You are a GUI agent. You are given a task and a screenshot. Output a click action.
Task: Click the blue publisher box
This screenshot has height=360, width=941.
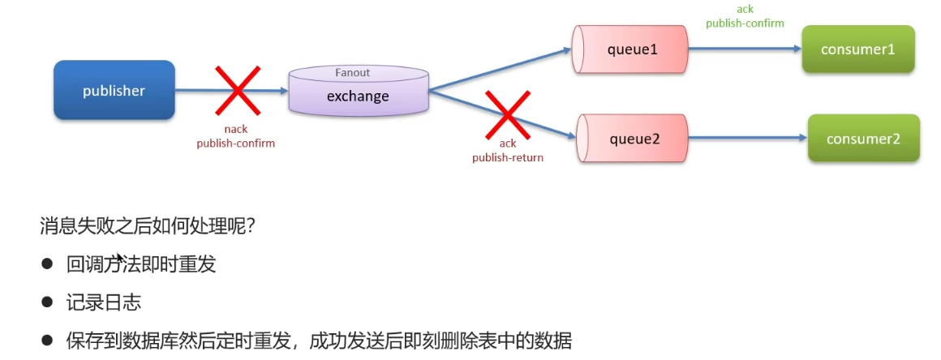[x=114, y=91]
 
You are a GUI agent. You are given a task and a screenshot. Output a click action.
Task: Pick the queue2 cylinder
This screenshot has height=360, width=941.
[x=634, y=139]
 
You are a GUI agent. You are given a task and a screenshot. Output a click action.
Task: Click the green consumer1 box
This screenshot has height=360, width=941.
[x=857, y=49]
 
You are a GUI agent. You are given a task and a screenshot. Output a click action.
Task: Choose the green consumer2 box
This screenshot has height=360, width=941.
[x=863, y=139]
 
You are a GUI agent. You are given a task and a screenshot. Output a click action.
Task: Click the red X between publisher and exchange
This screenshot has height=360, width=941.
[x=236, y=90]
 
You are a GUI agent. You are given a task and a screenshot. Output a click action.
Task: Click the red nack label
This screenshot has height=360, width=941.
[x=235, y=129]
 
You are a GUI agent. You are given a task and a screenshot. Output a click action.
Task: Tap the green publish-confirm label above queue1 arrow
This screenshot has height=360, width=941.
[x=745, y=24]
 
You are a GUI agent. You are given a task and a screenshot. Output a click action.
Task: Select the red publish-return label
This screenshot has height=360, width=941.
[x=508, y=157]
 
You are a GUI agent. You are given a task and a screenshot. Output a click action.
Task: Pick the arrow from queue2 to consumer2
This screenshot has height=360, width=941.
[x=747, y=139]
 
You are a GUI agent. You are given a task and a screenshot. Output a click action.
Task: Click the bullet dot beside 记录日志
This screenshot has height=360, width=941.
[x=47, y=302]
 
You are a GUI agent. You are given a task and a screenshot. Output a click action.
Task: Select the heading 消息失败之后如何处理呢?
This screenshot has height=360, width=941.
[x=148, y=225]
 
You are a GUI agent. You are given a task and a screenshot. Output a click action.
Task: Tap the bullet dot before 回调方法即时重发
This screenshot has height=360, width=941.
[x=47, y=264]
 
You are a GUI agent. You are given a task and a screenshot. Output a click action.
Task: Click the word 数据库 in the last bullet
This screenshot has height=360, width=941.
[x=152, y=341]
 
